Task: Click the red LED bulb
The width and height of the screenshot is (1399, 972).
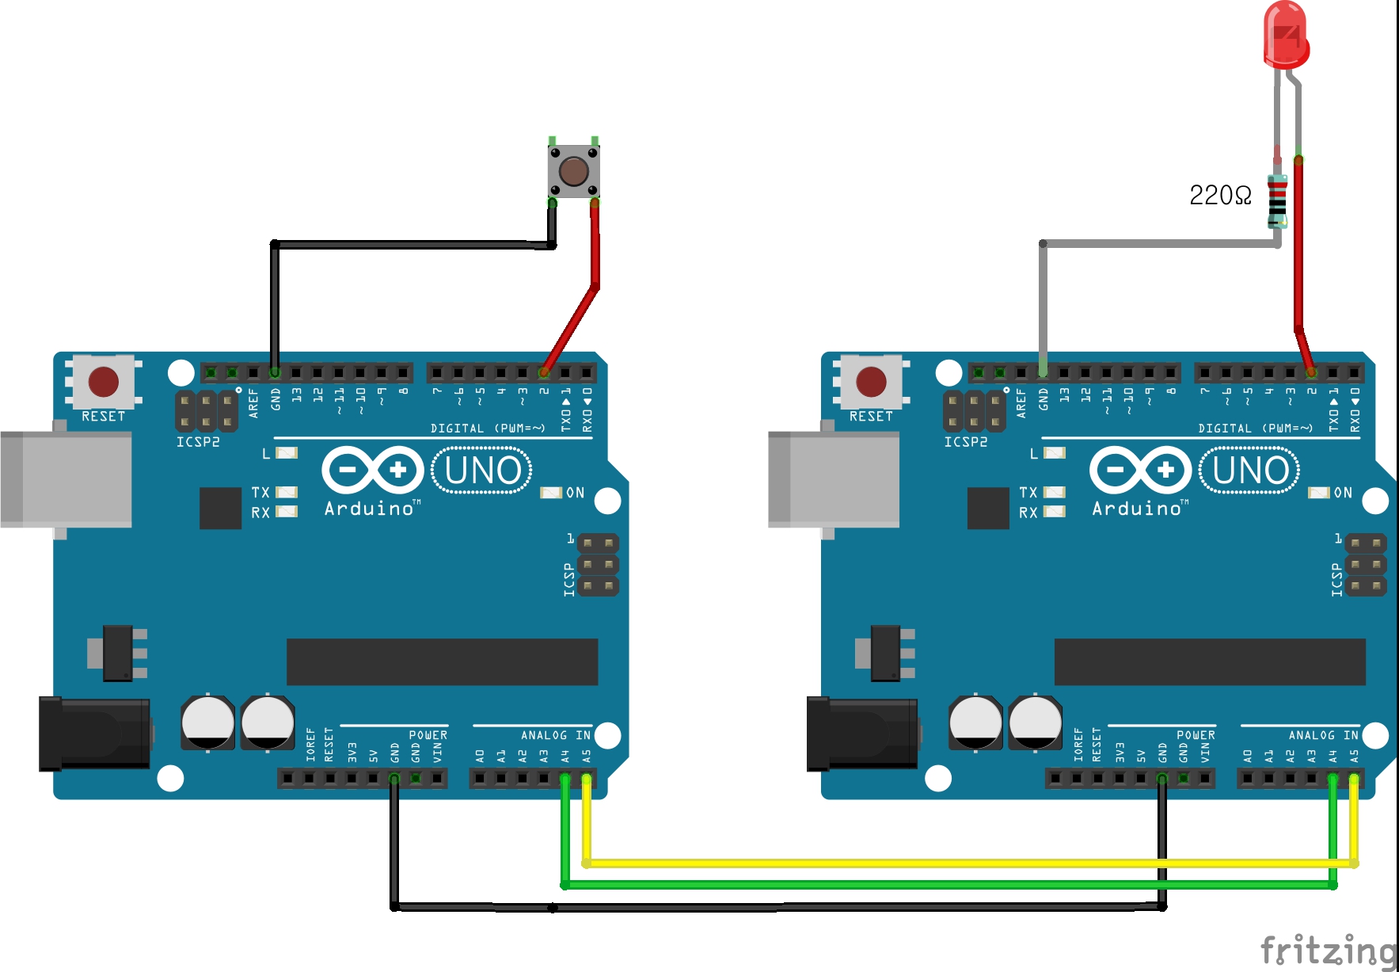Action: tap(1285, 36)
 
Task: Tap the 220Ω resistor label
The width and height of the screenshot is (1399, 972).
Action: tap(1220, 196)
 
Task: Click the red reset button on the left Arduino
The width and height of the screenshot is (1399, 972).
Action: tap(104, 382)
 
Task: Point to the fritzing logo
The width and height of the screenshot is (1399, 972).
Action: tap(1327, 949)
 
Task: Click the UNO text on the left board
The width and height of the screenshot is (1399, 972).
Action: tap(482, 471)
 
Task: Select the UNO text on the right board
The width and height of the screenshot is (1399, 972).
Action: tap(1250, 471)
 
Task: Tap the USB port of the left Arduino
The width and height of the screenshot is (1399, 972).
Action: tap(67, 479)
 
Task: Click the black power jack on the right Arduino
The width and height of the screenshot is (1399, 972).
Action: tap(861, 734)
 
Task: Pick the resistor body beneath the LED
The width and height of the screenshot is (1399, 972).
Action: tap(1277, 200)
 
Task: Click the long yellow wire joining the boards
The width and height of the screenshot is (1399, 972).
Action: tap(950, 863)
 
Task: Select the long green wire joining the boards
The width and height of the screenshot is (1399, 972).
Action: tap(950, 884)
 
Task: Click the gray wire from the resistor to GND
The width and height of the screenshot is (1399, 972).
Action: tap(1156, 244)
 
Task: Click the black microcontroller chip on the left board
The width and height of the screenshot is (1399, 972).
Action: tap(442, 661)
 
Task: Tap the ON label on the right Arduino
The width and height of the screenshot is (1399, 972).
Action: tap(1343, 493)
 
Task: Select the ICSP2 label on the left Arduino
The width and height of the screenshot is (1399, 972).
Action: tap(198, 442)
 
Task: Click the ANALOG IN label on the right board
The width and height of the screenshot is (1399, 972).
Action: tap(1323, 735)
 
